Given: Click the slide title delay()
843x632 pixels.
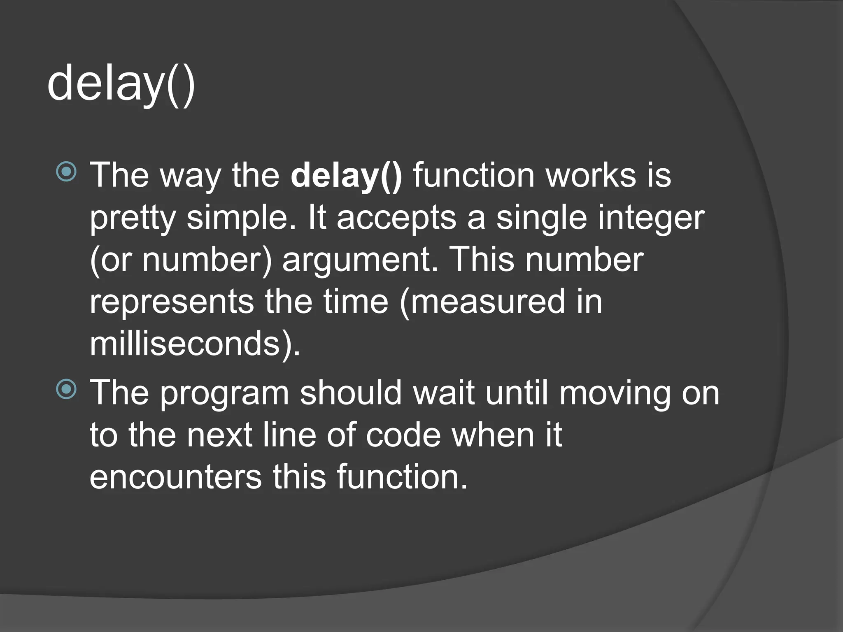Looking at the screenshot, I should point(121,84).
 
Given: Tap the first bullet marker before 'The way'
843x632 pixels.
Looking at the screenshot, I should point(66,172).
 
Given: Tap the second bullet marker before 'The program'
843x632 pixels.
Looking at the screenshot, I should point(66,389).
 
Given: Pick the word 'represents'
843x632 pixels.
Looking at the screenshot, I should point(172,302).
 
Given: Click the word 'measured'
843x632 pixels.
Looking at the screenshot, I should point(487,302).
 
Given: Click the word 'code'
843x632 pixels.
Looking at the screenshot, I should point(403,435).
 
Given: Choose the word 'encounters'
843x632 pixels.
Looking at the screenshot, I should point(176,477).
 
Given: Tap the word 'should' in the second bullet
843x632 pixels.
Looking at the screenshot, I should point(351,393).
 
